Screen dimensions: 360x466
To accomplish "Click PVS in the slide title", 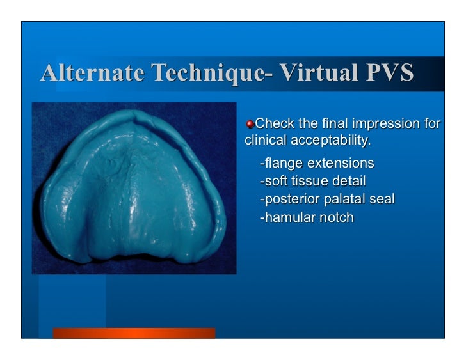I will [389, 74].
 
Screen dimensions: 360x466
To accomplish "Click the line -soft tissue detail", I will [312, 181].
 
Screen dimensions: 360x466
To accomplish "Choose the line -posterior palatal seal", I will [326, 200].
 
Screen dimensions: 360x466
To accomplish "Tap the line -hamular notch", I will [306, 218].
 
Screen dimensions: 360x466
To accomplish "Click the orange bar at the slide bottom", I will [134, 333].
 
